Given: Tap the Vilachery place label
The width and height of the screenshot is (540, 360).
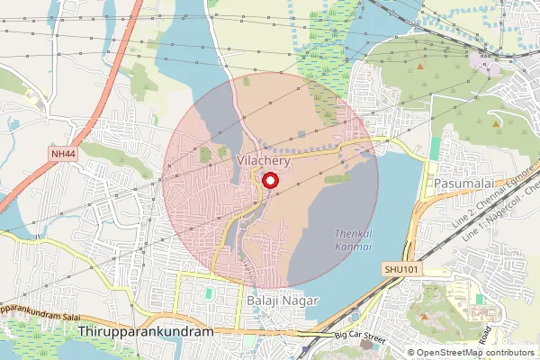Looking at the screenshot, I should (x=262, y=159).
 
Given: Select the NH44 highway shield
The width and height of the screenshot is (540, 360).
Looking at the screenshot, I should (x=63, y=155).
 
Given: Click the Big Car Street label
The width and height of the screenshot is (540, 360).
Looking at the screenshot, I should (x=360, y=336).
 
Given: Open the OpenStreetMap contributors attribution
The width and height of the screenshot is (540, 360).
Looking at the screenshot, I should (x=476, y=352).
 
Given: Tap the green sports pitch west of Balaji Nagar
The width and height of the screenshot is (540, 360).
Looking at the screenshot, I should (x=209, y=294).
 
